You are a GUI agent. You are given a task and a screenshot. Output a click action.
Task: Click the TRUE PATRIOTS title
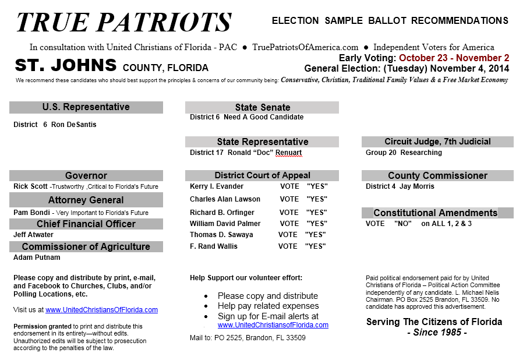(123, 22)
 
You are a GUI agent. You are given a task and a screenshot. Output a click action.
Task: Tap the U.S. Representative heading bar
(86, 107)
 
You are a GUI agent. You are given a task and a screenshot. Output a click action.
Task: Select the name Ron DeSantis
(74, 125)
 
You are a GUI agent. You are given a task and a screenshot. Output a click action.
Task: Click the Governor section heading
(86, 175)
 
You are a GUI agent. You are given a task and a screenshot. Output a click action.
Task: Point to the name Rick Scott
(30, 187)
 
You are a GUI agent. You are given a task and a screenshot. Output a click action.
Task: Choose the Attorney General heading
(86, 200)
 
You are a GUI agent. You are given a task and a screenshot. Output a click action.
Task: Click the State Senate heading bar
(262, 107)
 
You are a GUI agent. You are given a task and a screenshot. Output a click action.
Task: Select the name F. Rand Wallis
(214, 246)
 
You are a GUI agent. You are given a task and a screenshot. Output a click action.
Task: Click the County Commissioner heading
(437, 175)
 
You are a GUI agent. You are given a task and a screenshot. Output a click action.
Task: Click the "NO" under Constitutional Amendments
(403, 224)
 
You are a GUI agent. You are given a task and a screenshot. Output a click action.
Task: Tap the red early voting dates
(454, 58)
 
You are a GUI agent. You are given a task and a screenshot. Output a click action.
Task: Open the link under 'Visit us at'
(102, 310)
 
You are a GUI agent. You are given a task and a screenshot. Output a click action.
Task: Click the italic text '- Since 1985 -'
(437, 333)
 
